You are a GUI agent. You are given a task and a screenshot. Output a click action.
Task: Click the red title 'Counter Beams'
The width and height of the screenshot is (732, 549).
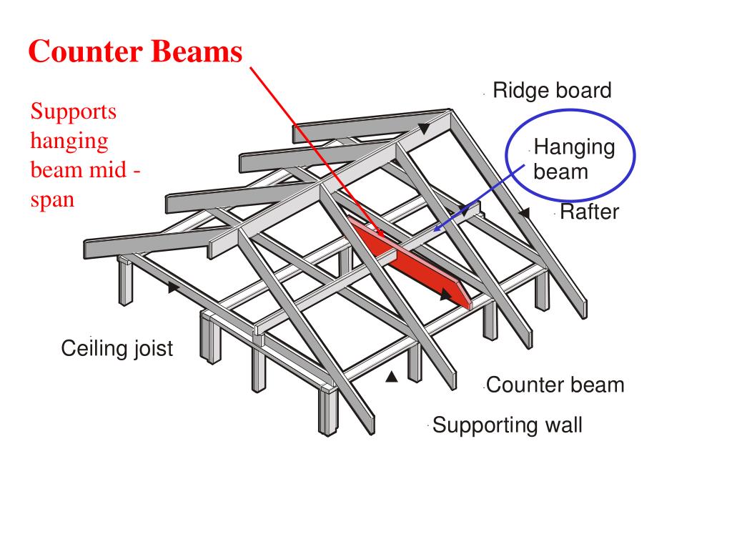[136, 51]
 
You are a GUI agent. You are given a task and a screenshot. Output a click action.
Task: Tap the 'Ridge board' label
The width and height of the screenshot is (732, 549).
[552, 91]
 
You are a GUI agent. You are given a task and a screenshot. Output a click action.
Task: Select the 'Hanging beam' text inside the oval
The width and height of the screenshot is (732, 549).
[573, 159]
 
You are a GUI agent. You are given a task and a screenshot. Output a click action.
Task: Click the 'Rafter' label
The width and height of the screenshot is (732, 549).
[589, 212]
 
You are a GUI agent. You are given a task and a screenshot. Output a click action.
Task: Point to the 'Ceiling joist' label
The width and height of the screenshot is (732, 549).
[117, 349]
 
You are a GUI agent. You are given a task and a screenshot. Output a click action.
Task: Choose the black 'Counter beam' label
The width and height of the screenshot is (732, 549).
[555, 385]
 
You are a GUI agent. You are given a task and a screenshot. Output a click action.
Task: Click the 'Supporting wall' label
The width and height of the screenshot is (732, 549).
[508, 425]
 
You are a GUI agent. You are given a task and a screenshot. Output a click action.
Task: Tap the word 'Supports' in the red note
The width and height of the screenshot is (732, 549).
[73, 112]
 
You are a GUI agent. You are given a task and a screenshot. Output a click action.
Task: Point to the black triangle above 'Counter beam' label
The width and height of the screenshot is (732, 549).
[391, 377]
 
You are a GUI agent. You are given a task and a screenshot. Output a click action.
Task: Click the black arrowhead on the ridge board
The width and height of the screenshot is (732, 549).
[425, 129]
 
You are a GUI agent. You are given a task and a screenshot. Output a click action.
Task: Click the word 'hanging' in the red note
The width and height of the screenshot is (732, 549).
[69, 141]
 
